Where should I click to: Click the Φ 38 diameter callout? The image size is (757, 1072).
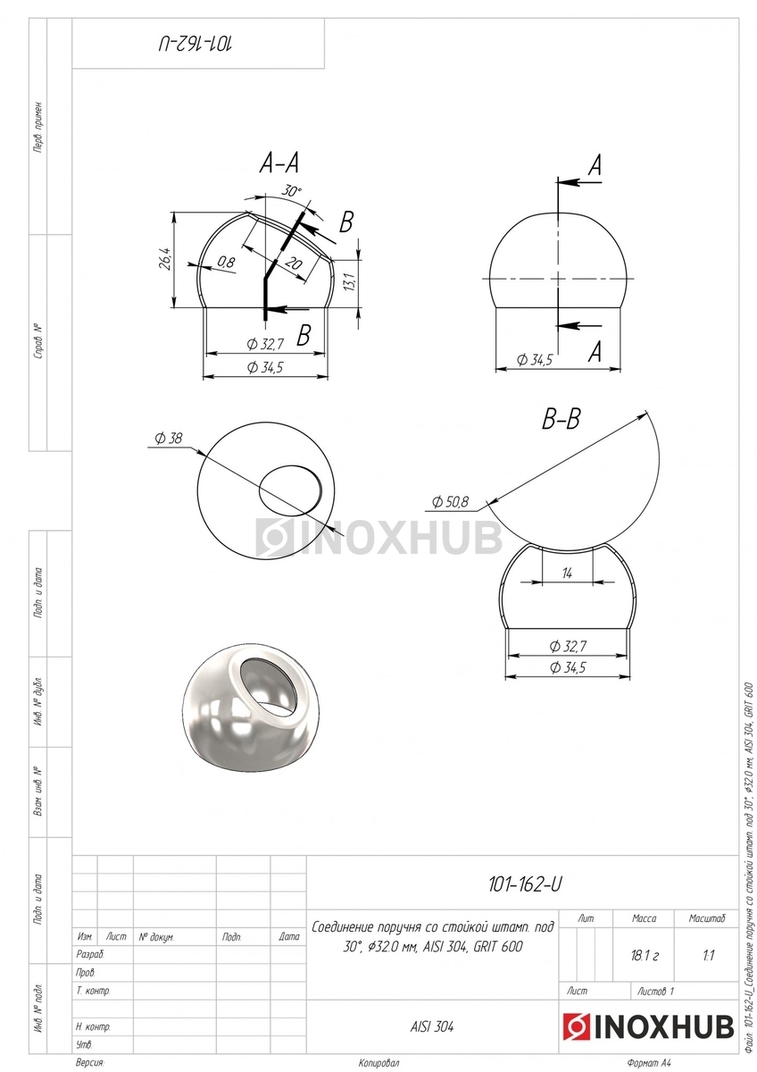[169, 438]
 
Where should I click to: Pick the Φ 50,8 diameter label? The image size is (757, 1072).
[450, 502]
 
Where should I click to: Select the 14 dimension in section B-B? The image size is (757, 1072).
[567, 573]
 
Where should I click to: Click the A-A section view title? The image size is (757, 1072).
[279, 163]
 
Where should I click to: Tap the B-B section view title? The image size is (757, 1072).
[561, 419]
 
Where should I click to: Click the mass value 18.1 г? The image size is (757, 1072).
[645, 956]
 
